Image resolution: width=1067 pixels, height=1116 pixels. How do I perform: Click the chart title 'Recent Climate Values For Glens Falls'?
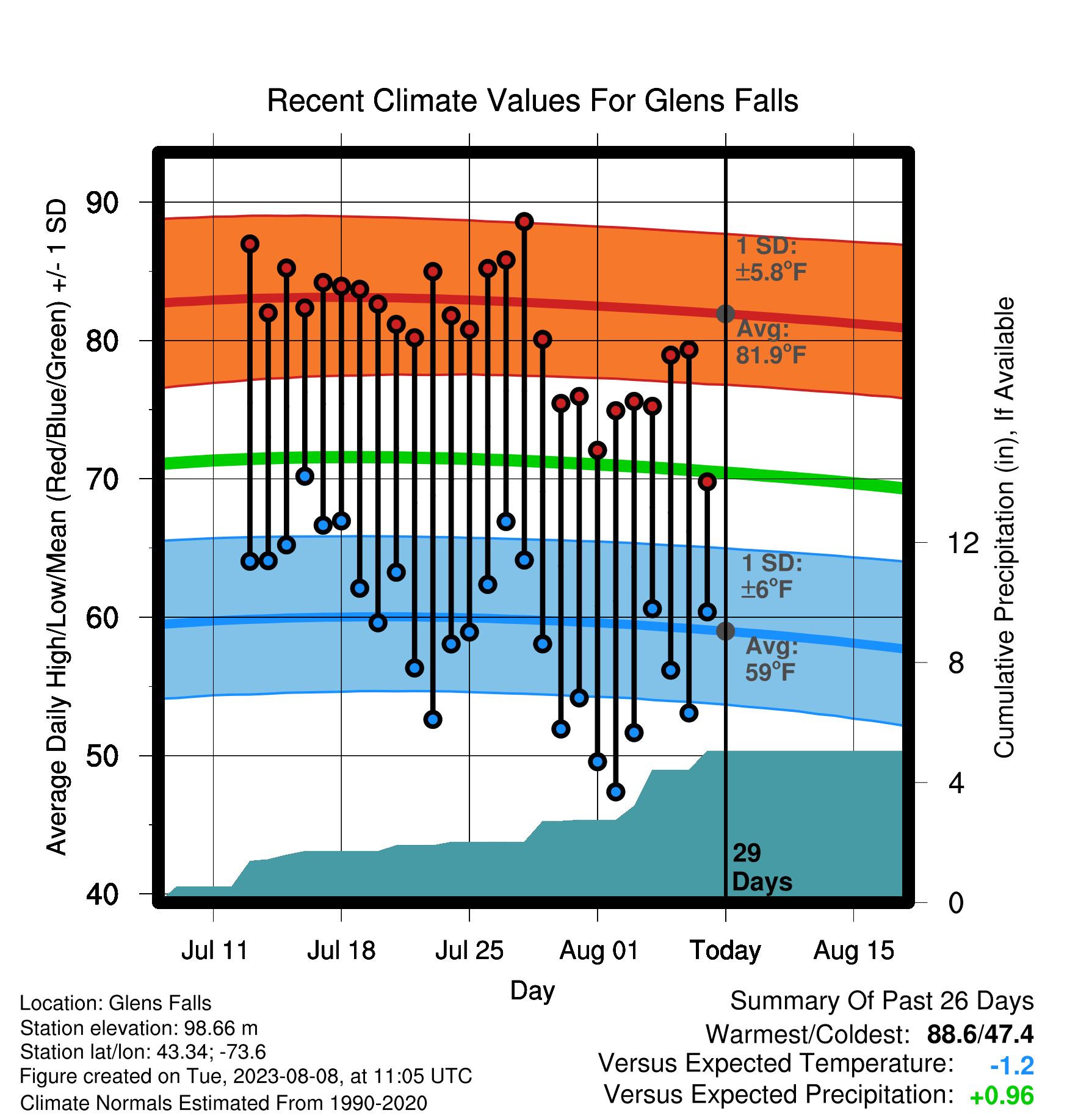(x=532, y=101)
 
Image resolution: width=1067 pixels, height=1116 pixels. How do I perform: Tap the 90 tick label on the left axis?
(x=102, y=203)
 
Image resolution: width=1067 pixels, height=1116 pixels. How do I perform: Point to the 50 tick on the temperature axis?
(x=102, y=756)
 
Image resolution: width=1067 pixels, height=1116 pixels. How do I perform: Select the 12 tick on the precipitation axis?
(x=963, y=543)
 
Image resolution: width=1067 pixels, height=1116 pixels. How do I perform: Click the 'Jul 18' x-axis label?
(x=341, y=951)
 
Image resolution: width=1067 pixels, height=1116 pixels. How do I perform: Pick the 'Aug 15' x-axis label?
(x=853, y=951)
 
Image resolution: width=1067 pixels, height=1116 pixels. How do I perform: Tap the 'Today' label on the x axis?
(x=725, y=951)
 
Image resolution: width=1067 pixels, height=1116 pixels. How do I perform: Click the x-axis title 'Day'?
(x=532, y=991)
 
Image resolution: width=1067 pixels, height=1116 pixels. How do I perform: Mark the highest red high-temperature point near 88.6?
(x=524, y=222)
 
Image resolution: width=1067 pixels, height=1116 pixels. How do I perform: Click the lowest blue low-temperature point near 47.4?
(x=615, y=792)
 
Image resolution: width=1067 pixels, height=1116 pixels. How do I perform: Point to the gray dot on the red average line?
(x=725, y=314)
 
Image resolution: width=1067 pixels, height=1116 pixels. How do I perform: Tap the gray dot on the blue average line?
(x=725, y=631)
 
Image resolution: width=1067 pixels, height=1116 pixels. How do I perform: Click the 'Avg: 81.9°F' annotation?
(x=772, y=342)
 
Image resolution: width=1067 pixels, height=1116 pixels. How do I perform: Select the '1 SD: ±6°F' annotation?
(x=772, y=576)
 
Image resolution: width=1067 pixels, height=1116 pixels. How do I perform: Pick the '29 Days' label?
(x=762, y=868)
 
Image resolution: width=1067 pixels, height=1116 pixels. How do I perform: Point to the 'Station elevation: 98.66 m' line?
(x=139, y=1028)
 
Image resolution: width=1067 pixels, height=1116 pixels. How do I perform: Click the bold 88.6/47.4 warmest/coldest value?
(x=980, y=1034)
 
